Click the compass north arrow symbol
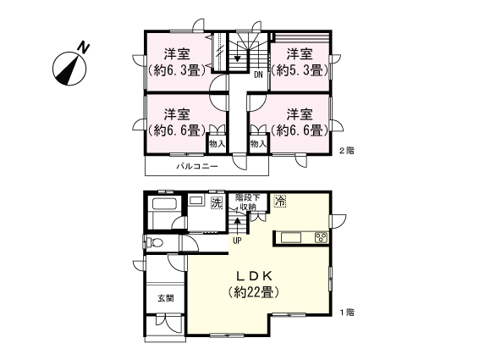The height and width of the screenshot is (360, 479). click(x=69, y=69)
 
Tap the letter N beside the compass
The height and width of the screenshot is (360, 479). click(x=83, y=47)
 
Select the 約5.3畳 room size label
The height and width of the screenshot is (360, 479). click(x=300, y=71)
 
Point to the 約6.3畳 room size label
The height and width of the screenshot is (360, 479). click(x=177, y=71)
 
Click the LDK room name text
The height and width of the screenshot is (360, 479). click(x=254, y=276)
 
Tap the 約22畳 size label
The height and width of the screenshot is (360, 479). click(x=254, y=293)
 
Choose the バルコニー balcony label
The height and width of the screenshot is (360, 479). click(x=197, y=166)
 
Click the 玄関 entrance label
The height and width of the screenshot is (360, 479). click(x=166, y=298)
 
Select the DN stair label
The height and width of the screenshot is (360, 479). click(x=258, y=75)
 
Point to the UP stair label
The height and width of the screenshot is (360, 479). click(x=237, y=241)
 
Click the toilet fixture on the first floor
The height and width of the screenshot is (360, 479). click(x=154, y=242)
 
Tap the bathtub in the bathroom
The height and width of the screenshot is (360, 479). click(x=165, y=204)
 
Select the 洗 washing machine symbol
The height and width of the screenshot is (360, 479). click(x=217, y=202)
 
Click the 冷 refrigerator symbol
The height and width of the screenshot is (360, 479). click(x=279, y=201)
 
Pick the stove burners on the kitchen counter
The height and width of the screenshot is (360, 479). click(x=321, y=238)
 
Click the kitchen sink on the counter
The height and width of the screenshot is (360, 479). click(x=291, y=238)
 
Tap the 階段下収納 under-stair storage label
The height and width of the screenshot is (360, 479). click(x=247, y=202)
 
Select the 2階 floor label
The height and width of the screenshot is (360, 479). click(x=347, y=151)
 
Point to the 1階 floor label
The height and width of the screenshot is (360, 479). click(x=347, y=313)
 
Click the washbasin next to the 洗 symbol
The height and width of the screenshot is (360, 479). click(x=196, y=201)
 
